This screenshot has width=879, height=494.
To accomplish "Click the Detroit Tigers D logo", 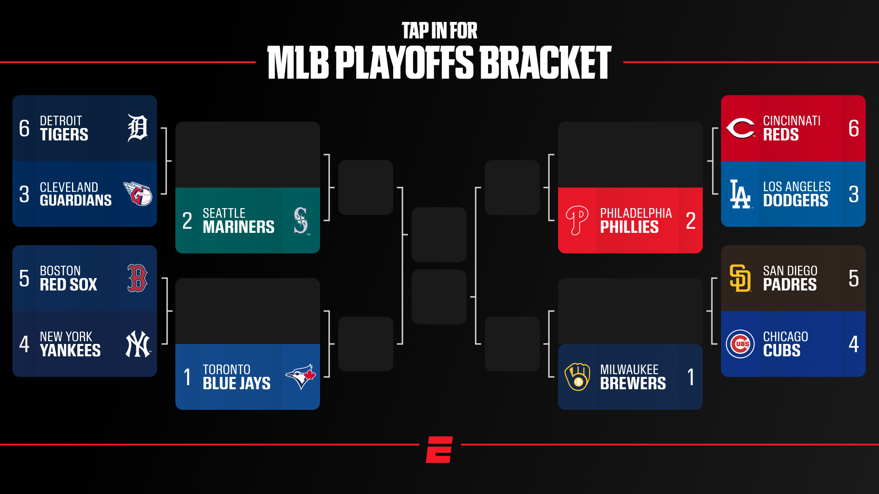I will point(137,128).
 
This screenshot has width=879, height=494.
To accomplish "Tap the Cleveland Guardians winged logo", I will point(138,194).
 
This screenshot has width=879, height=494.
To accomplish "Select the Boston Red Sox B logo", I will point(137,278).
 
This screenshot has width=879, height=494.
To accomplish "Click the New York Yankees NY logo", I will point(138,344).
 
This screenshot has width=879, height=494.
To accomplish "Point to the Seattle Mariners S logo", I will point(301,220).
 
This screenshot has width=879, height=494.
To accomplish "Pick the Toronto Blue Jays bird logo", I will point(301,377).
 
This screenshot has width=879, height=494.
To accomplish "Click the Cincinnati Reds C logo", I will point(740,128).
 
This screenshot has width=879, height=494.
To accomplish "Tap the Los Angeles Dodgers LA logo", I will point(740,194).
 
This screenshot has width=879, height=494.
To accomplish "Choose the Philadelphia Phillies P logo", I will point(577,220).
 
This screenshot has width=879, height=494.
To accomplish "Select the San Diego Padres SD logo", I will point(740,278).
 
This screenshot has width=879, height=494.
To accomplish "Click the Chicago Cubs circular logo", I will point(740,344).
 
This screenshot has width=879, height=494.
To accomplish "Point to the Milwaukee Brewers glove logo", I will point(577,377).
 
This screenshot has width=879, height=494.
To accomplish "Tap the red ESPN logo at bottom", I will point(439,449).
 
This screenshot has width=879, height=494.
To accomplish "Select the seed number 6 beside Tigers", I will point(24,128).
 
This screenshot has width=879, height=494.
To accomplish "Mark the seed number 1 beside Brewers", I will point(691,377).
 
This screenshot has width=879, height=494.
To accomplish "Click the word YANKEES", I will point(70,351).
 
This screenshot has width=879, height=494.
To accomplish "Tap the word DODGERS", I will point(795,201).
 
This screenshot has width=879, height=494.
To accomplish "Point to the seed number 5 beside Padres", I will point(853,278).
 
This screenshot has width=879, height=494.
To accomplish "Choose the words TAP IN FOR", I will point(439,31).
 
